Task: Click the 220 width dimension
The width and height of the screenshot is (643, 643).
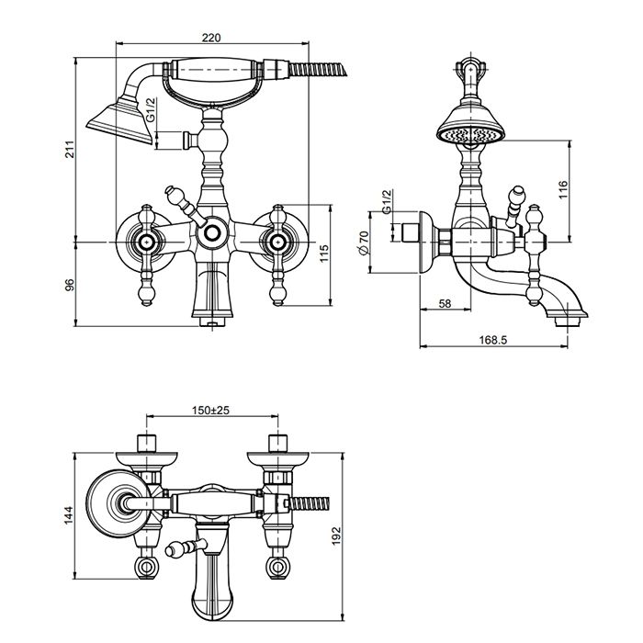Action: click(x=212, y=38)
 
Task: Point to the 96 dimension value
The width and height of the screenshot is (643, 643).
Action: click(x=67, y=284)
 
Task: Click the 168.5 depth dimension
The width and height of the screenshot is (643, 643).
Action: click(x=492, y=339)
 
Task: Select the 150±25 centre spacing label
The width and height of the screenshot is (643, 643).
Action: click(x=210, y=411)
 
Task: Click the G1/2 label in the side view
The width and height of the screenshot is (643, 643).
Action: click(x=387, y=202)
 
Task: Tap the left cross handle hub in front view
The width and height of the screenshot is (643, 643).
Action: click(x=145, y=242)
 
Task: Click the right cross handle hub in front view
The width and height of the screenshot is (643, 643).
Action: click(x=276, y=242)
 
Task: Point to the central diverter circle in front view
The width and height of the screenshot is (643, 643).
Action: click(x=212, y=233)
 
